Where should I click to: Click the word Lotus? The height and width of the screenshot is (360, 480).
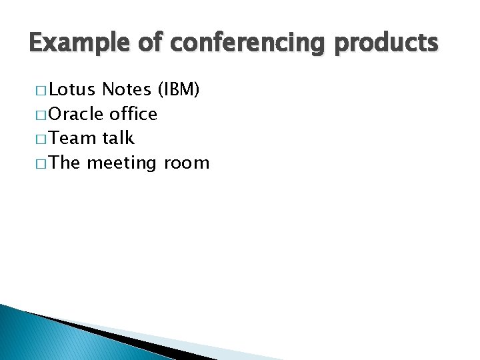click(x=73, y=89)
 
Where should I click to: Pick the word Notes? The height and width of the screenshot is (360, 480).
click(x=127, y=89)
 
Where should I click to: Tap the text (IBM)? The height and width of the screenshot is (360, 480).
click(x=178, y=89)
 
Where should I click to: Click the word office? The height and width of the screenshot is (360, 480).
click(x=133, y=114)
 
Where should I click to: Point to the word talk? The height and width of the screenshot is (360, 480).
click(x=118, y=139)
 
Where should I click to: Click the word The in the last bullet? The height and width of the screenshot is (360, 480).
click(x=65, y=163)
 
